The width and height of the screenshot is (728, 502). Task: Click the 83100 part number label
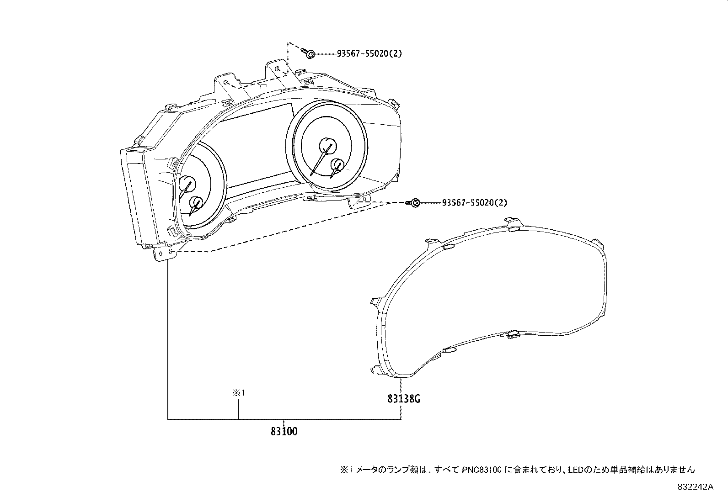tap(284, 431)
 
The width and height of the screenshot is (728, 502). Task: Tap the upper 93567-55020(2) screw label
tap(369, 53)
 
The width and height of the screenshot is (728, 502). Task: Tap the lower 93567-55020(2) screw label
tap(474, 202)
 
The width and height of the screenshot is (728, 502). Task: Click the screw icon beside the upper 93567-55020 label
tap(310, 53)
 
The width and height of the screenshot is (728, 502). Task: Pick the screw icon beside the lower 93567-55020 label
tap(415, 202)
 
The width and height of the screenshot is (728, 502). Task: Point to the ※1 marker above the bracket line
tap(239, 393)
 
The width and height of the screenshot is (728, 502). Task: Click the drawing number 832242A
tap(695, 487)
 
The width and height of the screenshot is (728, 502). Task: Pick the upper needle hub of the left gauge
tap(187, 184)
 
